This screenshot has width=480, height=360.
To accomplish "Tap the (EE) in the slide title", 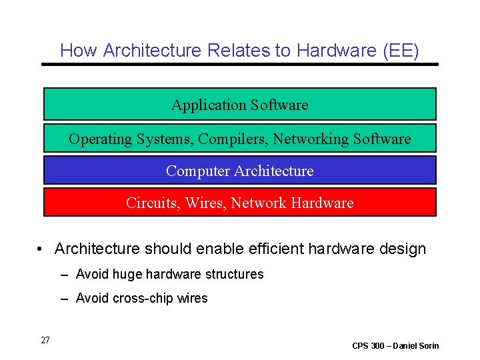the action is click(403, 50).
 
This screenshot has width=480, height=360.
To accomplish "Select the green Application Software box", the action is click(240, 105).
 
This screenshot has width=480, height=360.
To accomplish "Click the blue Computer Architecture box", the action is click(240, 171).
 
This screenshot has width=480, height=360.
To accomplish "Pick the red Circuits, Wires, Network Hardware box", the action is click(240, 203).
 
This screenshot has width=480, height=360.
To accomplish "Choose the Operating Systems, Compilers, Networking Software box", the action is click(240, 139).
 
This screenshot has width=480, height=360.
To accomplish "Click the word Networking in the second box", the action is click(316, 139).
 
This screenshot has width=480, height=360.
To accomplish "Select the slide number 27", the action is click(45, 341).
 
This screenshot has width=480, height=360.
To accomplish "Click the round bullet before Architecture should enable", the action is click(41, 249).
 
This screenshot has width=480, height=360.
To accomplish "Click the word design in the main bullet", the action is click(403, 249).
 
